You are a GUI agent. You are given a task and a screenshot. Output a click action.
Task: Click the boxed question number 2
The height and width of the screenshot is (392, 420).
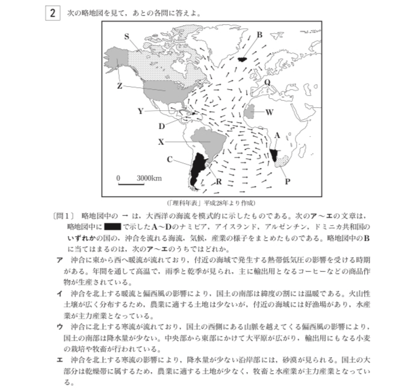click(x=52, y=13)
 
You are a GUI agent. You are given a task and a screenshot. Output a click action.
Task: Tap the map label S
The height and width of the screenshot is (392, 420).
click(x=126, y=36)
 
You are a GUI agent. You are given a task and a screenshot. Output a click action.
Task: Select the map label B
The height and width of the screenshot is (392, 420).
click(x=259, y=35)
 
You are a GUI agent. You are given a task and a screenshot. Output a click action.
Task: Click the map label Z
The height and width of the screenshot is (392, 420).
click(x=120, y=86)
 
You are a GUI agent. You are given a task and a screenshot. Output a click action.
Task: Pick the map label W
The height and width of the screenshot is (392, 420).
click(x=270, y=112)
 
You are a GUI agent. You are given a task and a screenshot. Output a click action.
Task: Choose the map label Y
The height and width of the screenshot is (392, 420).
click(x=140, y=111)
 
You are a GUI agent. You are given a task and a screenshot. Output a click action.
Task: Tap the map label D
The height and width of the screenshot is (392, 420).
click(x=162, y=126)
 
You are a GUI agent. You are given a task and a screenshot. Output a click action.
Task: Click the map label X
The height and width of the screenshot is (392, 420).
click(x=161, y=142)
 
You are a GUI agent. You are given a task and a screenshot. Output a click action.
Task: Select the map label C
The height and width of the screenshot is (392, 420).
click(x=170, y=160)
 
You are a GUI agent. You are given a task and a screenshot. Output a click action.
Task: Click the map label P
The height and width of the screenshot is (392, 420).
click(x=288, y=180)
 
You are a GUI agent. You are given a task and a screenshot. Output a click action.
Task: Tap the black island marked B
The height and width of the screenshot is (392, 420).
click(x=243, y=59)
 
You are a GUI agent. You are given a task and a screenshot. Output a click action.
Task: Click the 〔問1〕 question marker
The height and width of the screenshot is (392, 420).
click(x=63, y=215)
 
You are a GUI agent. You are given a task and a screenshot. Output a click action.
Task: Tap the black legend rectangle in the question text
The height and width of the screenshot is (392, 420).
click(x=113, y=226)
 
